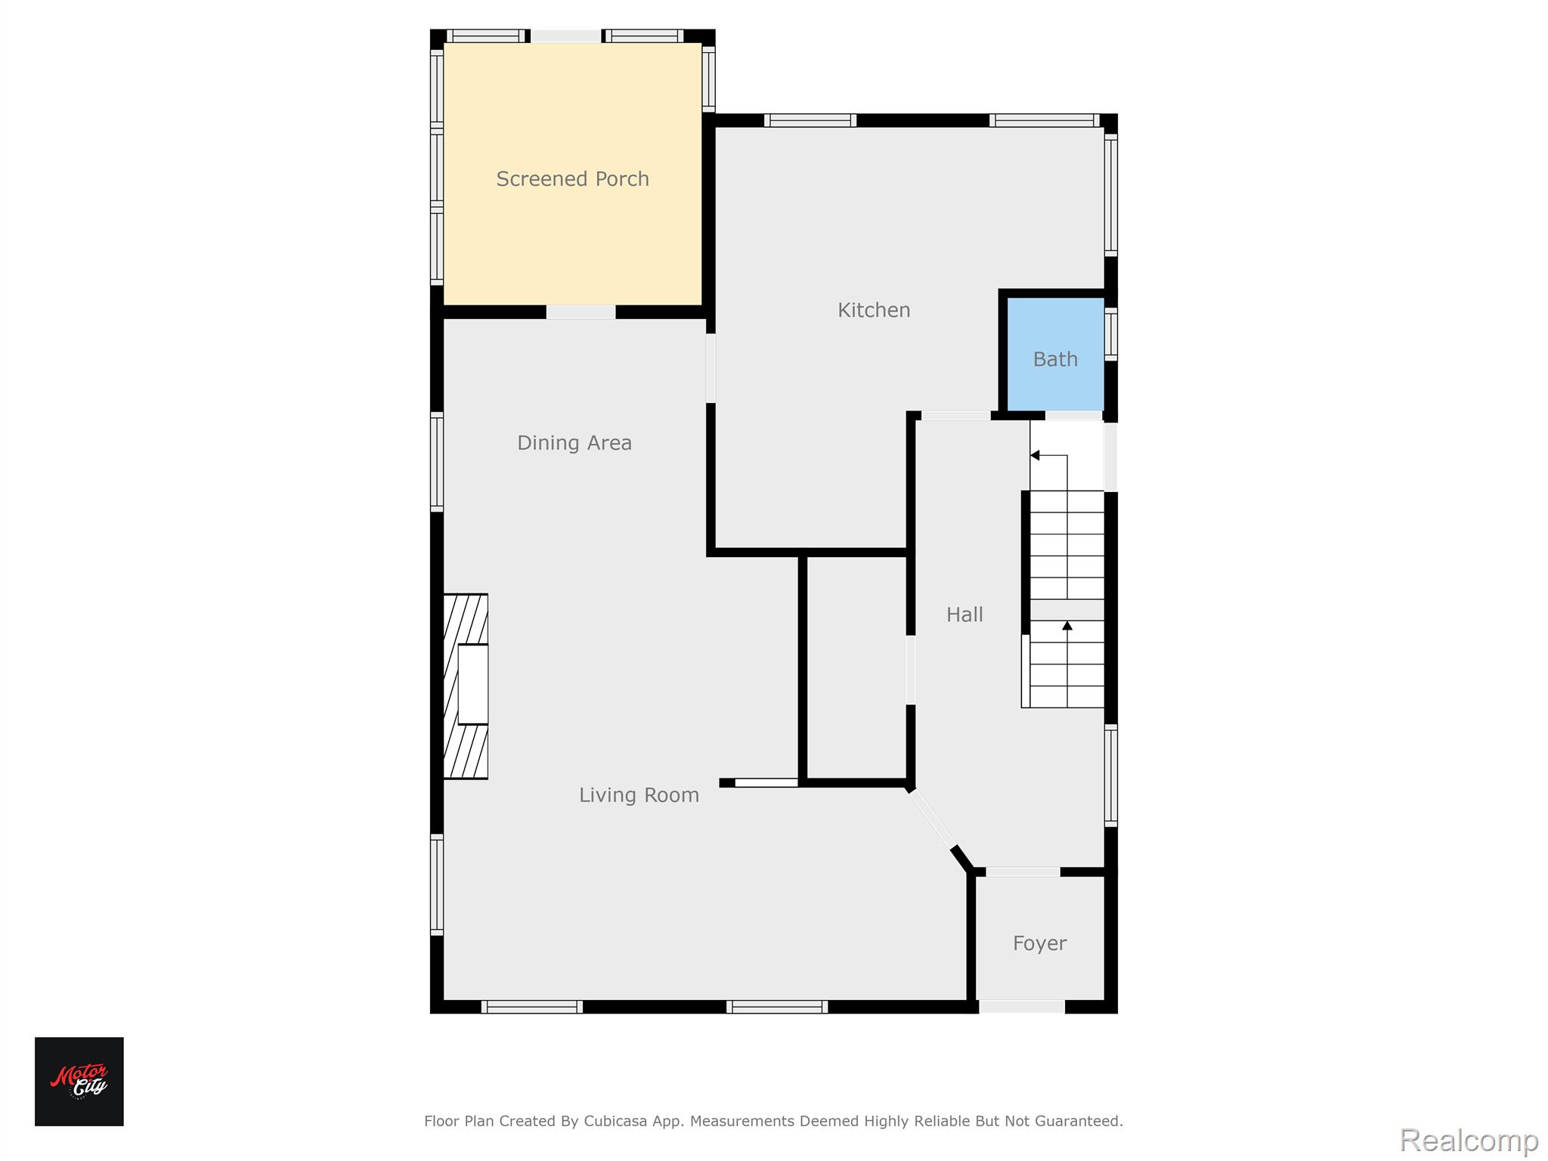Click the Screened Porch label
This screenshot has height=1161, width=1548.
[x=572, y=179]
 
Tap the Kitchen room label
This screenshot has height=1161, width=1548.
[x=874, y=310]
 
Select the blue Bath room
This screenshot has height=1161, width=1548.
[x=1055, y=354]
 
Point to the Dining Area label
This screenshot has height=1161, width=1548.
[x=574, y=443]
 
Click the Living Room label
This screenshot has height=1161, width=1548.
[x=639, y=795]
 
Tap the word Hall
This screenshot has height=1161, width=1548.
[x=964, y=615]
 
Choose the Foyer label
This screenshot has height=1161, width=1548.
[x=1040, y=943]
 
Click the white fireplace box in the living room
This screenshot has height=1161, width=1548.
[x=473, y=684]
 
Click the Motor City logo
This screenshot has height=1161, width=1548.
[x=79, y=1082]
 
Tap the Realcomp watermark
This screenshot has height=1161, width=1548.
[x=1469, y=1139]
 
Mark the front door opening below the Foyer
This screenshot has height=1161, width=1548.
[x=1022, y=1006]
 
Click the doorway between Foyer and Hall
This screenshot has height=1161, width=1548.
[x=1023, y=872]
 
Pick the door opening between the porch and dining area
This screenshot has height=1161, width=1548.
[x=580, y=311]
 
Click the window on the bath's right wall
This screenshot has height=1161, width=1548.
[x=1110, y=333]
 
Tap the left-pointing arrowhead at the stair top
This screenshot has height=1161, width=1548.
[x=1035, y=455]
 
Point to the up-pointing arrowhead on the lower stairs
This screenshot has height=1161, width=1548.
[x=1067, y=625]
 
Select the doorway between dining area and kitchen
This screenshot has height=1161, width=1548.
[x=711, y=368]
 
